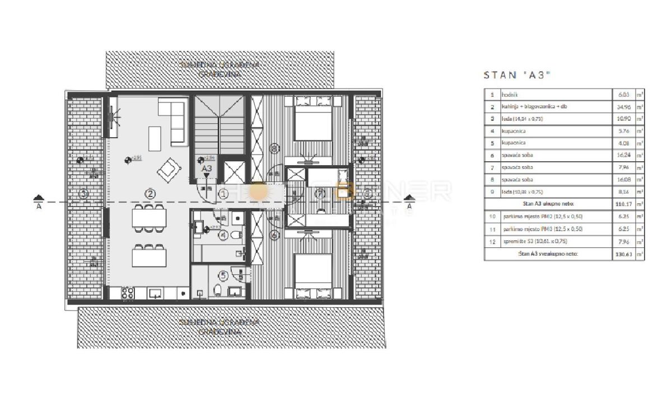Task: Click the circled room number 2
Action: tap(150, 194)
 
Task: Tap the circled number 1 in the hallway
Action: tap(223, 194)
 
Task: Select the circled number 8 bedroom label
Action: tap(274, 149)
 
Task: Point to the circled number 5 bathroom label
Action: tap(224, 275)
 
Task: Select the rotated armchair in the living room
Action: tap(169, 170)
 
